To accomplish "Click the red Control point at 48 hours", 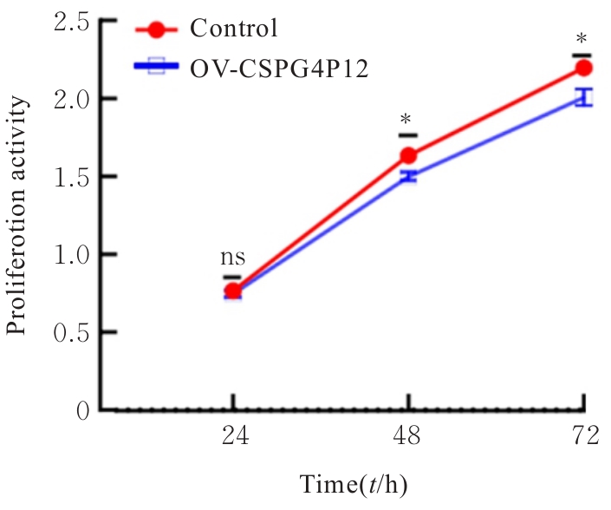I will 407,156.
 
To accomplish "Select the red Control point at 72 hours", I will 583,68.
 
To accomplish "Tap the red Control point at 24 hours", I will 232,291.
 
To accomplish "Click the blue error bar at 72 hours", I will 583,97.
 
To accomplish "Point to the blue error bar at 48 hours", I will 407,177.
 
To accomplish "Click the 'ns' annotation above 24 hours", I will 232,258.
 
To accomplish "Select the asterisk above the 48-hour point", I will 407,120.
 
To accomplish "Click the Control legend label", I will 234,29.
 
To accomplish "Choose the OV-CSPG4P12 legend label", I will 280,68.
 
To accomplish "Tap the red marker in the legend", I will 156,29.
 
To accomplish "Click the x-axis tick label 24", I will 232,437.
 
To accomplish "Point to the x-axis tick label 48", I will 407,437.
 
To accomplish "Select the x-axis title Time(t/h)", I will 354,485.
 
